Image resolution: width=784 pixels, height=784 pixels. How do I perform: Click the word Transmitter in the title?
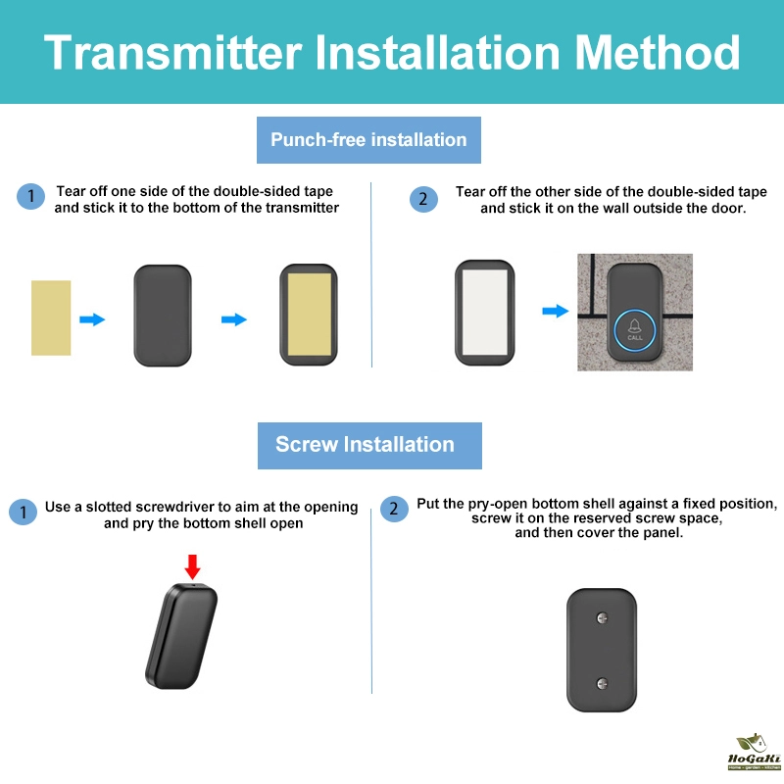(x=173, y=53)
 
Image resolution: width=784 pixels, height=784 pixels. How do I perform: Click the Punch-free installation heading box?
(x=368, y=140)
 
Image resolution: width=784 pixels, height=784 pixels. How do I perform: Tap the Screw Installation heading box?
(x=369, y=446)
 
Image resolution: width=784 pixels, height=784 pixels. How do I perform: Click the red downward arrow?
(x=192, y=566)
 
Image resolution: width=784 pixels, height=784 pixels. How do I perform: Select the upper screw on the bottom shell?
(x=603, y=618)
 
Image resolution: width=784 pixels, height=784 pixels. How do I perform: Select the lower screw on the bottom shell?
(x=603, y=683)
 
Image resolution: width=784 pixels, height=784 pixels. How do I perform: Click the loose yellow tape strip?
(x=51, y=318)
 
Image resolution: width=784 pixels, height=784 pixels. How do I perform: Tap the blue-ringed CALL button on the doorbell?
(x=634, y=330)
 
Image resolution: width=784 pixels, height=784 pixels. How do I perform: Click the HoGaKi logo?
(x=754, y=752)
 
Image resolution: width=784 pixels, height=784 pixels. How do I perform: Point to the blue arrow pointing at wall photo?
(x=556, y=311)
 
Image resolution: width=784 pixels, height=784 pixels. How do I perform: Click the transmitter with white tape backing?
(x=484, y=313)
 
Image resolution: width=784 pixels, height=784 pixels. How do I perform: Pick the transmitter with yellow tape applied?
(x=309, y=315)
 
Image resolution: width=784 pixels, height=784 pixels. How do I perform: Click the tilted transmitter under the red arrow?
(x=181, y=636)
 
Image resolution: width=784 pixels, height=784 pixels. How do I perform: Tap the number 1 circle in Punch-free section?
(x=31, y=196)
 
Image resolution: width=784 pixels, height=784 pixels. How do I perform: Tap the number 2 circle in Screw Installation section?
(x=394, y=509)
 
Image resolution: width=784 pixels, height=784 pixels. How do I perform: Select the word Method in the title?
(x=657, y=53)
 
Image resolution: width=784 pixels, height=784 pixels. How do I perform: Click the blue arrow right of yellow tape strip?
(x=92, y=319)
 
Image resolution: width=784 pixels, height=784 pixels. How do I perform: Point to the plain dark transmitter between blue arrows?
(x=163, y=316)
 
